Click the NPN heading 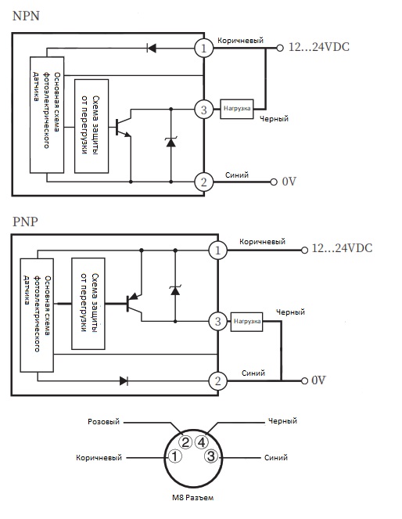[x=26, y=16]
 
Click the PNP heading [x=25, y=222]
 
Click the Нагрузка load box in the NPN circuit [x=237, y=109]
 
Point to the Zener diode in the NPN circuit [x=170, y=142]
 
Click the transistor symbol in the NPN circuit [x=124, y=123]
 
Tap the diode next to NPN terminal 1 [x=152, y=49]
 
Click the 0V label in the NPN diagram [x=289, y=182]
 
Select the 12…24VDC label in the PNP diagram [x=342, y=248]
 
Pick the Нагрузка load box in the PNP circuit [x=246, y=322]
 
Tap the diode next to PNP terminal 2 [x=124, y=380]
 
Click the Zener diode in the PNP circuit [x=175, y=290]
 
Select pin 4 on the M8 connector [x=201, y=442]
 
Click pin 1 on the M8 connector [x=175, y=457]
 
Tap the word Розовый [x=103, y=422]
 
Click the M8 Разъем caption [x=192, y=498]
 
